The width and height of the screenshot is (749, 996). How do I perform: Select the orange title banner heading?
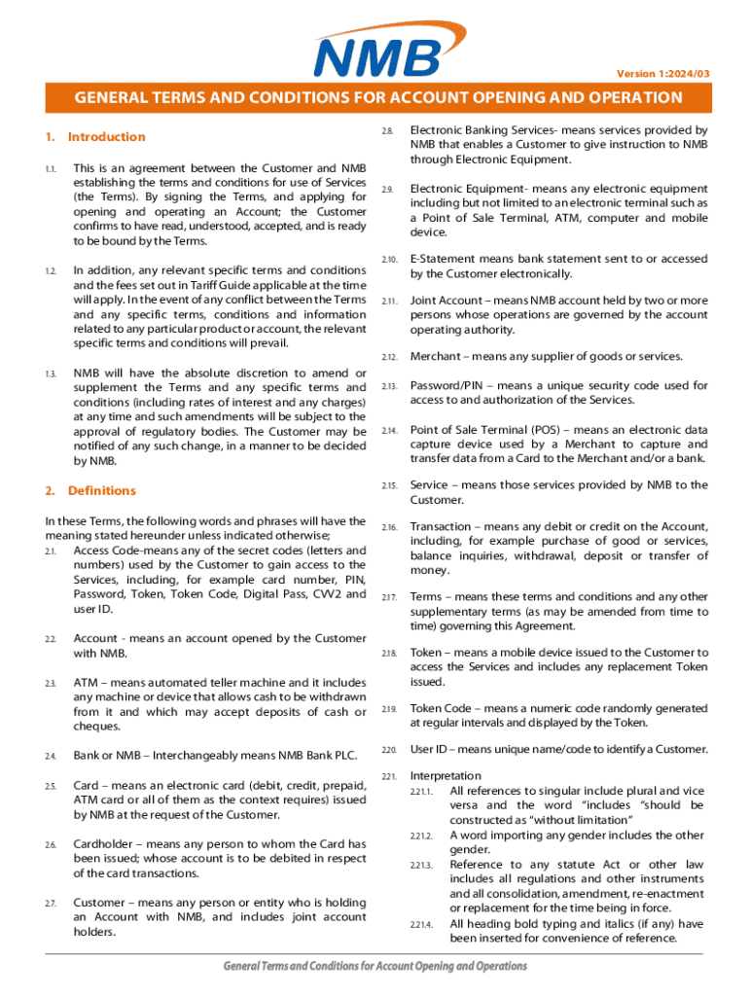coord(374,97)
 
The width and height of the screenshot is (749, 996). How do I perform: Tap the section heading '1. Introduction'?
coord(95,137)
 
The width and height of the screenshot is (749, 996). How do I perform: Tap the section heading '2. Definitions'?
coord(90,491)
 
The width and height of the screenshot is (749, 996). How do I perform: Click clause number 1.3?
coord(51,373)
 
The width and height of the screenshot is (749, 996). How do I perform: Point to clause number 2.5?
coord(51,786)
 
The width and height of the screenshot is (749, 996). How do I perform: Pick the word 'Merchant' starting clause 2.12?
coord(437,356)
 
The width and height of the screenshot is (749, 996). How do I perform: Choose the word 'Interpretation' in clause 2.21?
coord(446,776)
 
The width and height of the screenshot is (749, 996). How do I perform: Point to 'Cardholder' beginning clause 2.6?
coord(103,844)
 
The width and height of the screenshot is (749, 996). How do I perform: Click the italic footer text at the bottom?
coord(374,967)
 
